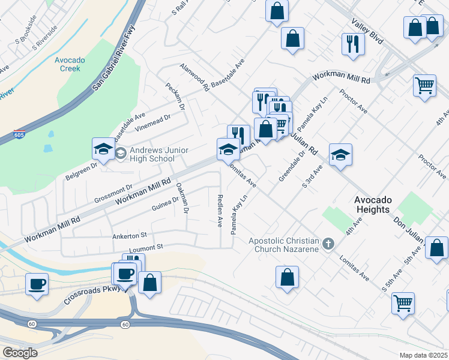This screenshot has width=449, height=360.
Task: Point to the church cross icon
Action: (x=328, y=244)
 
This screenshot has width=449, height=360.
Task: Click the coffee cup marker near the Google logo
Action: (x=37, y=283)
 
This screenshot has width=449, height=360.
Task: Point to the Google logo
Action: (x=20, y=353)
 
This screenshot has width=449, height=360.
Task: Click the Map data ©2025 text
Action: (x=423, y=355)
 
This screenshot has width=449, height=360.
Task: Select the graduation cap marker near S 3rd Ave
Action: (x=340, y=154)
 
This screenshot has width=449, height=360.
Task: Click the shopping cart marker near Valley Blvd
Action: (x=424, y=85)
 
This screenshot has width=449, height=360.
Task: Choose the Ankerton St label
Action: (x=129, y=236)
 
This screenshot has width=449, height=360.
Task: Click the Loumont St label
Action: (x=146, y=247)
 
